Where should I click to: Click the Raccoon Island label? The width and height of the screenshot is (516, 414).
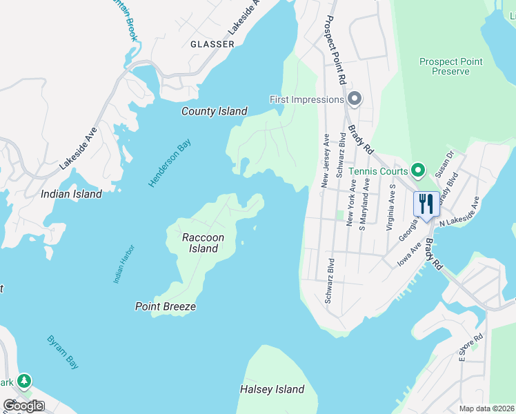[204, 243]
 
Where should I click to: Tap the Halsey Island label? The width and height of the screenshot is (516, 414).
[272, 389]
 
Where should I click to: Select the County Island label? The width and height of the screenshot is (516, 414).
[214, 111]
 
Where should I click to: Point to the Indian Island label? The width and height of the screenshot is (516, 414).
[71, 194]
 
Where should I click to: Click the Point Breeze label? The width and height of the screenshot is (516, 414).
[166, 306]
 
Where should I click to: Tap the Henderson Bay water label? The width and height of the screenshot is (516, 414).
[170, 164]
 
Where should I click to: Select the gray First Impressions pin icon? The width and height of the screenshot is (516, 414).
[355, 99]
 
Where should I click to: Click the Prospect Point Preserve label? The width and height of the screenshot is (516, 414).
[450, 66]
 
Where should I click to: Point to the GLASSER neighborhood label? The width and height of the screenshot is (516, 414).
[212, 44]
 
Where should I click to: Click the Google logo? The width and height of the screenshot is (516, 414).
[23, 406]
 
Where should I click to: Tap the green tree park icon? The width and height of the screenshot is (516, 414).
[24, 381]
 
